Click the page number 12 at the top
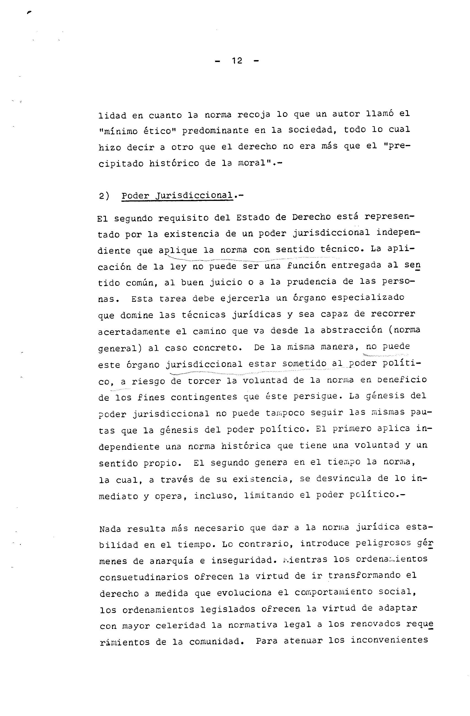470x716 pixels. [x=237, y=61]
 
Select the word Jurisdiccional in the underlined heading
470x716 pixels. [x=194, y=196]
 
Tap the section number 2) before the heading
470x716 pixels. [x=104, y=196]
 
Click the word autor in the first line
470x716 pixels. [x=346, y=114]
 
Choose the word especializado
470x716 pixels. [x=368, y=298]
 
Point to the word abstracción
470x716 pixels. [x=351, y=330]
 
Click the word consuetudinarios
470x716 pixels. [x=144, y=577]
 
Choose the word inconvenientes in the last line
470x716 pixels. [x=389, y=640]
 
